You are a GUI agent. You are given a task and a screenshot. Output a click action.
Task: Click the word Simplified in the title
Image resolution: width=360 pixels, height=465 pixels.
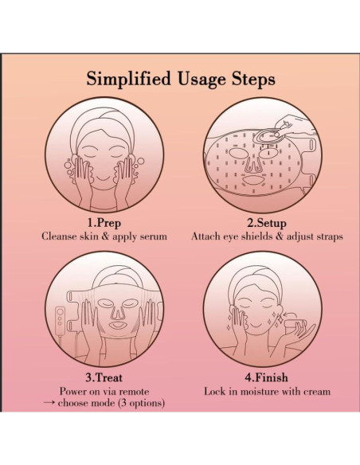(129, 79)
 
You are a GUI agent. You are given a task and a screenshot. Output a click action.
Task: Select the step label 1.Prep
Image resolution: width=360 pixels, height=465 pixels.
(104, 222)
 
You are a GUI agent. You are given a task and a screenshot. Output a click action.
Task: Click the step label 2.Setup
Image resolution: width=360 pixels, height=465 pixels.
(267, 223)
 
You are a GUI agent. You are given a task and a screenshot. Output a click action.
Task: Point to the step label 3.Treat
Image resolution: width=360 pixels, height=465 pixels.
(104, 377)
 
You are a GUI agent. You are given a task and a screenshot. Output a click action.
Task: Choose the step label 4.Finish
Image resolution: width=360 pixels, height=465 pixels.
(266, 377)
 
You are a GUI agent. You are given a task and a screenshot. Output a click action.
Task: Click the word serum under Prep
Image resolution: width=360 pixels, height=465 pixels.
(152, 236)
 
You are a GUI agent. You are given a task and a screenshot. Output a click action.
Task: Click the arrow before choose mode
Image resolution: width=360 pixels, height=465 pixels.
(49, 403)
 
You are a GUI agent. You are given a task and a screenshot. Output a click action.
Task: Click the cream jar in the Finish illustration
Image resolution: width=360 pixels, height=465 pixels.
(294, 326)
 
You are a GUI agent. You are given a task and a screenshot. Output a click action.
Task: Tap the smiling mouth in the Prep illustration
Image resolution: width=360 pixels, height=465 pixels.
(104, 178)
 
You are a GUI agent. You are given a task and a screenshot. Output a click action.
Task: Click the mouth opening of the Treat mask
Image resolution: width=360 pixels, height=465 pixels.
(118, 326)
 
